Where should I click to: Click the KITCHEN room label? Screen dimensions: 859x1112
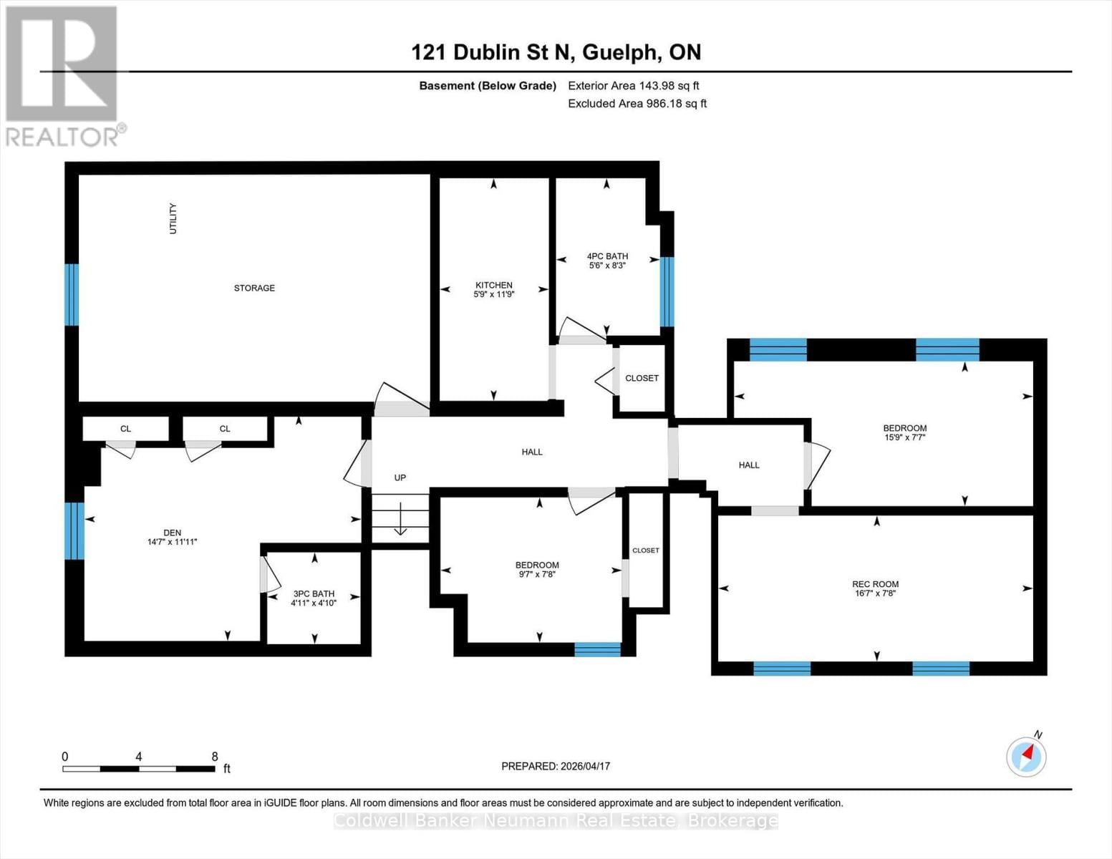click(493, 285)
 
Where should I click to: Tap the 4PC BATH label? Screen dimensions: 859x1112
click(607, 256)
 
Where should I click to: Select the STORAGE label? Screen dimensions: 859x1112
click(254, 288)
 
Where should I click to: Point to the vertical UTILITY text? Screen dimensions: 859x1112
click(173, 218)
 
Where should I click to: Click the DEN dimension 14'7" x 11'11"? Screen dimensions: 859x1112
click(172, 542)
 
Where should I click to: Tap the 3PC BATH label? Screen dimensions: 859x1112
click(314, 593)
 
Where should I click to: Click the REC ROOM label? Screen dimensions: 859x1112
click(875, 584)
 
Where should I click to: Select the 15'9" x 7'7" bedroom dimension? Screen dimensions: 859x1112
click(904, 437)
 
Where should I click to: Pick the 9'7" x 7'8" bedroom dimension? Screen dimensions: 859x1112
click(537, 574)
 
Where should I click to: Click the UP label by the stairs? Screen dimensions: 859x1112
click(400, 477)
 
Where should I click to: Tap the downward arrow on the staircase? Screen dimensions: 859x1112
click(400, 521)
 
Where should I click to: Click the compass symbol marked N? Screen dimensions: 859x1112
click(1026, 756)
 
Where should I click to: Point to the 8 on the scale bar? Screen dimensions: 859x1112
click(215, 757)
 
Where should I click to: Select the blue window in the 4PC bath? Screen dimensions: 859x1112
click(667, 291)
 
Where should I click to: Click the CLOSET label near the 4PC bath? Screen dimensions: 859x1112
click(642, 378)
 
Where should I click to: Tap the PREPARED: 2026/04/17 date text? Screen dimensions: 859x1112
click(556, 766)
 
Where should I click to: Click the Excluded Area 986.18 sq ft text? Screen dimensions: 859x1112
click(637, 103)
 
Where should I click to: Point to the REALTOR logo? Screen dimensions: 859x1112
click(63, 76)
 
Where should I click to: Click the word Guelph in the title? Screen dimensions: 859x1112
click(620, 52)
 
